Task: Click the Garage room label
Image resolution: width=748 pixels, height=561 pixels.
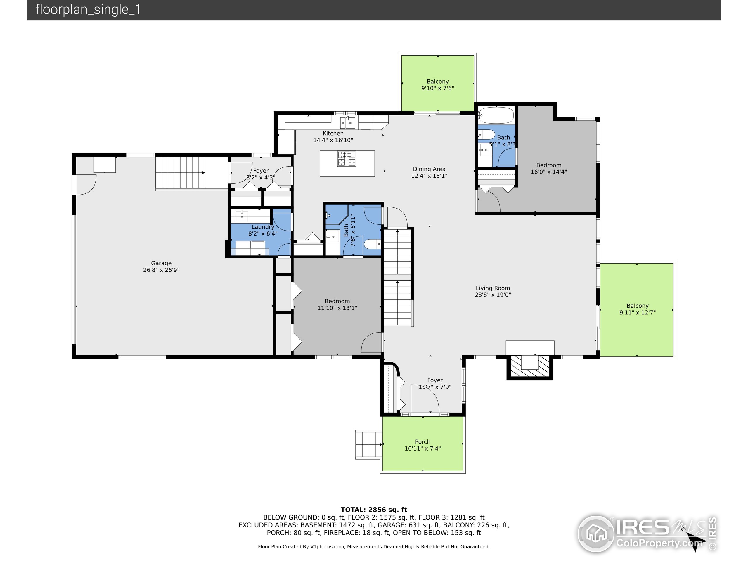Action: click(161, 263)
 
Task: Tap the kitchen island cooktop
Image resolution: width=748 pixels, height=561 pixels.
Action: click(347, 159)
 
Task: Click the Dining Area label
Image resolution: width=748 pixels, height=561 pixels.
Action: click(429, 169)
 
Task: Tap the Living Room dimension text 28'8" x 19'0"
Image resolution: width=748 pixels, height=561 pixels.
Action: click(493, 295)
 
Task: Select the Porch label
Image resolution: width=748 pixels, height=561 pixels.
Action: click(423, 441)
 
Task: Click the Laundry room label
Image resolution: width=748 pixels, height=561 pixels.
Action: click(263, 227)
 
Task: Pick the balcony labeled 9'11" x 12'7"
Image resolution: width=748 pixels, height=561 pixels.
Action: click(637, 309)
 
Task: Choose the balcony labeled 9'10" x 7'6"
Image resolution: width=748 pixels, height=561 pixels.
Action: click(438, 83)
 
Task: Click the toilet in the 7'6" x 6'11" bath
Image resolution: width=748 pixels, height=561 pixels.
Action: click(372, 244)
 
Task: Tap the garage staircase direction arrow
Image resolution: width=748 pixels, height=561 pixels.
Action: click(203, 173)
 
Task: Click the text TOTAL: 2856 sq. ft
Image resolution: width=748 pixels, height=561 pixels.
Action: click(374, 510)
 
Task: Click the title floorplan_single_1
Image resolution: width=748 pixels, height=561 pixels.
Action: click(88, 9)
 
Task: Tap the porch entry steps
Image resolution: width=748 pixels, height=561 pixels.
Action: click(368, 444)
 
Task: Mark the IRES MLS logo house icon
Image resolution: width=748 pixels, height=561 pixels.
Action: click(596, 534)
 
